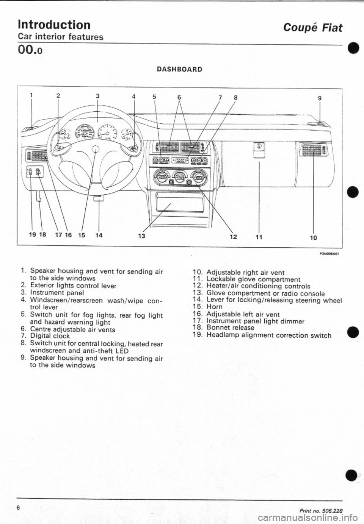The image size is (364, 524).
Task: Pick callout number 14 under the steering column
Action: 99,234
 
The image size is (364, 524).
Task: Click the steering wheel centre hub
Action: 97,148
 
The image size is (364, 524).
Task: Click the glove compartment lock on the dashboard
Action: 258,145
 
